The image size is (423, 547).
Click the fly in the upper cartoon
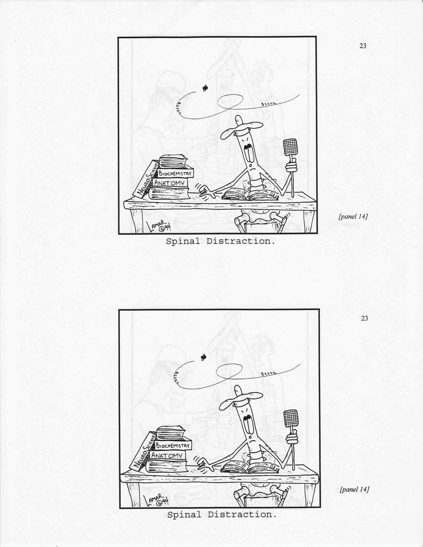(205, 88)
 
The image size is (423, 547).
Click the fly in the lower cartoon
(204, 357)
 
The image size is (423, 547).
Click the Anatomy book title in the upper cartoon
(169, 183)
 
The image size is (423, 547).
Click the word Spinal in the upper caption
(183, 242)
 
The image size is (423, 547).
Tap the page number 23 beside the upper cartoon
(363, 46)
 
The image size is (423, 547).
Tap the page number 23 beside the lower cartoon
(365, 318)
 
